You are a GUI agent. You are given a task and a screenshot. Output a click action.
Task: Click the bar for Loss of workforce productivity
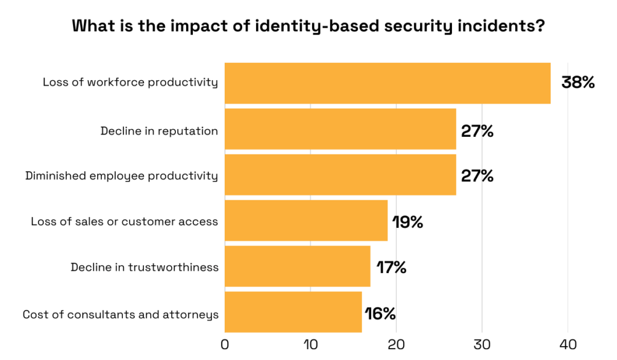click(x=387, y=83)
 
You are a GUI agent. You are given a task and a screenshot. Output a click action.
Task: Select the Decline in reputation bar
click(x=340, y=129)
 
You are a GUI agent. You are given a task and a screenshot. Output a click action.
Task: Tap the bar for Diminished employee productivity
click(x=340, y=175)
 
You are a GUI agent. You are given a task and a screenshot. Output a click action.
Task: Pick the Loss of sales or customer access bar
click(x=306, y=221)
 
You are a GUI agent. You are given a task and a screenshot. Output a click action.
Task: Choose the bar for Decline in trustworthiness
click(x=298, y=267)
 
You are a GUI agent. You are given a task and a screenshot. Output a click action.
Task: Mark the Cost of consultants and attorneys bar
click(x=293, y=312)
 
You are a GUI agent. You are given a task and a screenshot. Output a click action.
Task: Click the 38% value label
click(x=578, y=83)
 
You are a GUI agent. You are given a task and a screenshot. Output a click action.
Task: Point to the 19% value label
click(x=408, y=222)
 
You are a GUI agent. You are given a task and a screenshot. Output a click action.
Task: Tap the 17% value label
click(x=392, y=267)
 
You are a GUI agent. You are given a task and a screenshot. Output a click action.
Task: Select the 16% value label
click(x=380, y=314)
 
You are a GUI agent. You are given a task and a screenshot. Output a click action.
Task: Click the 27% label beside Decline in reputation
click(x=477, y=131)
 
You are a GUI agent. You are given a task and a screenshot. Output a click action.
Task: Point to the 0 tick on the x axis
click(x=225, y=345)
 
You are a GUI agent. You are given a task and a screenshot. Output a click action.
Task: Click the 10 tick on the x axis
click(x=310, y=345)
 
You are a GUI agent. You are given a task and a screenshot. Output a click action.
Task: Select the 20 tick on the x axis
click(x=396, y=345)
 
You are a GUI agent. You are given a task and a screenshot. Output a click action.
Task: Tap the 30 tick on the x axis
click(x=481, y=345)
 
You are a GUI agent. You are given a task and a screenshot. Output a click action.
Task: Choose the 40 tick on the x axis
click(x=567, y=345)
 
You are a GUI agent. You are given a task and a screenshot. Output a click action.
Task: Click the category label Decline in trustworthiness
click(x=144, y=267)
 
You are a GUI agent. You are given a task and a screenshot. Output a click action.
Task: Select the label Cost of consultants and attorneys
click(x=120, y=314)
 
